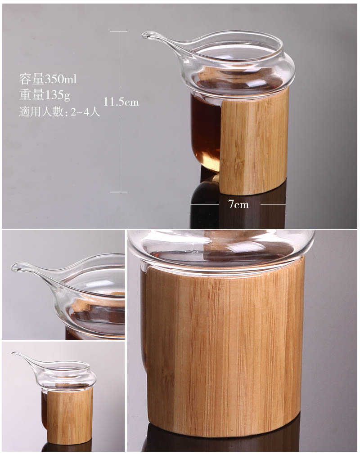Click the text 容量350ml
tap(48, 79)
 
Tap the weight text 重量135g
tap(45, 95)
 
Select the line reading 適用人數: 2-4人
tap(59, 111)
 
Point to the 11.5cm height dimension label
tap(121, 102)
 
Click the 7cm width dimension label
tap(238, 205)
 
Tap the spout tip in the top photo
tap(144, 35)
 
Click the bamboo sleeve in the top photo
tap(254, 140)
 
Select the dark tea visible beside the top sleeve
tap(205, 132)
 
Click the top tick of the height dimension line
tap(119, 31)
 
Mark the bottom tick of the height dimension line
tap(119, 191)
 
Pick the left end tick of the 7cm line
tap(190, 205)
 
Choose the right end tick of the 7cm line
tap(285, 205)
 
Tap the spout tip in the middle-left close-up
tap(13, 267)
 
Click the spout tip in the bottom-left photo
tap(13, 353)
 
